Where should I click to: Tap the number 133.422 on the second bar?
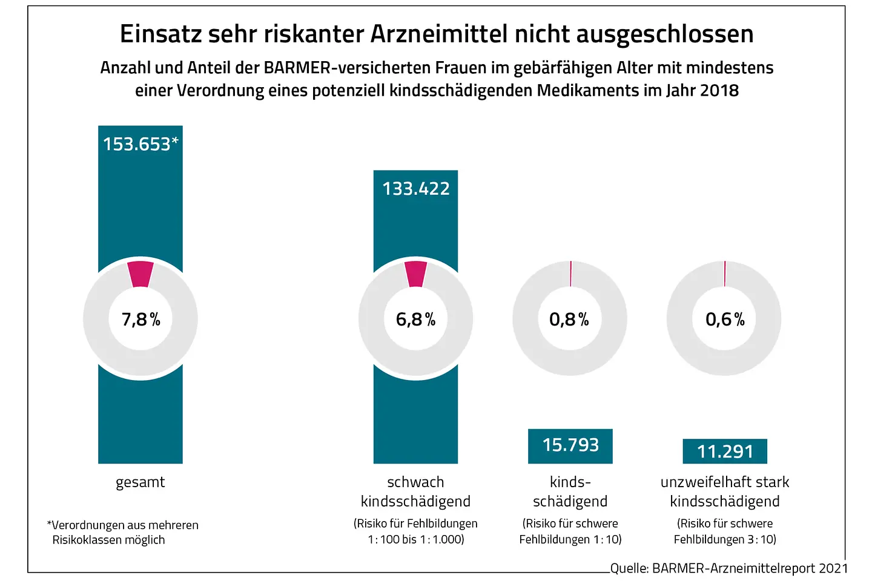416,189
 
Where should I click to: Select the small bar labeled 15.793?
570,445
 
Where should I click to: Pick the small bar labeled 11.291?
725,451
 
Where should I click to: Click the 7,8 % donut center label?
140,319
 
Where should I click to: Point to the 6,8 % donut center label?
416,319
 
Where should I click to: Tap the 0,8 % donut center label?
569,319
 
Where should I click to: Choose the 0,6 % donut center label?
725,319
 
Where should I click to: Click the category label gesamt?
140,482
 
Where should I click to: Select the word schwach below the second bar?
415,482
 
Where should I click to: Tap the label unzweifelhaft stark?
725,482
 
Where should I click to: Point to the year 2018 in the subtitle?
719,91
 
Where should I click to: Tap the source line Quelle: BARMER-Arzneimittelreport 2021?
729,568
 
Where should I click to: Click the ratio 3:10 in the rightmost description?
762,539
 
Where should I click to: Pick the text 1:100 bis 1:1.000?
415,539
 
